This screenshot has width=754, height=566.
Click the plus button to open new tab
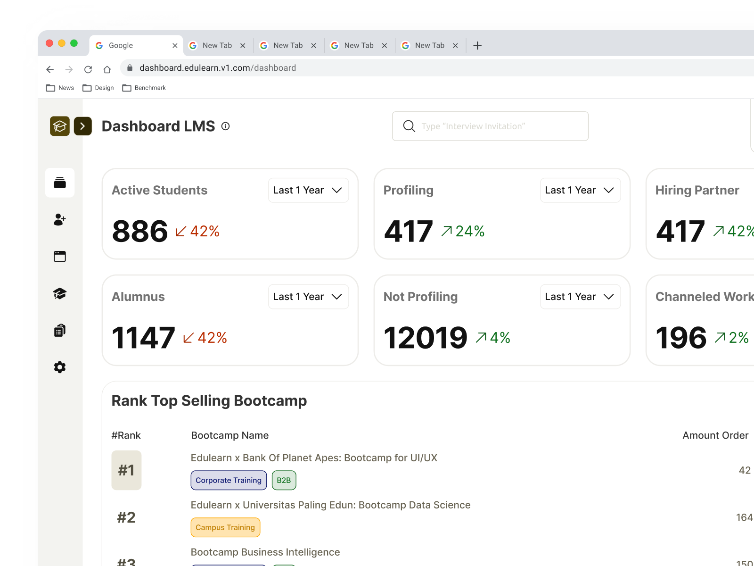click(x=477, y=45)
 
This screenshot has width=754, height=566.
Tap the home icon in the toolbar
click(x=107, y=69)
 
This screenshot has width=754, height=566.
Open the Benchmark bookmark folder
click(x=144, y=88)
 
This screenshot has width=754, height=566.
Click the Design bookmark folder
click(x=98, y=88)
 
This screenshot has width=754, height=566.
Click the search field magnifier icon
click(x=409, y=126)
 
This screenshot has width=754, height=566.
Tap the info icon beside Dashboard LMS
click(x=226, y=126)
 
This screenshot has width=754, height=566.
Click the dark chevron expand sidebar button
click(x=83, y=126)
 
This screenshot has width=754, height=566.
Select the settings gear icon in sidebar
click(x=60, y=367)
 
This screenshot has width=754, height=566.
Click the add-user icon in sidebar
click(x=60, y=219)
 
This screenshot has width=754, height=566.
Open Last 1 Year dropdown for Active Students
click(x=308, y=190)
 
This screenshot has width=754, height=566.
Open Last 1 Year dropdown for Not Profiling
click(x=580, y=297)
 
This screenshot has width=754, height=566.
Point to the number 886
click(x=140, y=231)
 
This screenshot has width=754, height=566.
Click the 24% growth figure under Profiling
click(x=469, y=231)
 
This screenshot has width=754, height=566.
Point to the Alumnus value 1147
click(x=143, y=338)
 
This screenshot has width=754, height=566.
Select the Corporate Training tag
click(x=229, y=480)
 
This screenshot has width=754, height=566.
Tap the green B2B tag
click(x=284, y=480)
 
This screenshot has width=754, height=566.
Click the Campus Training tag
click(x=225, y=527)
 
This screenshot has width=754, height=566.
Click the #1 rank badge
click(x=126, y=470)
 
